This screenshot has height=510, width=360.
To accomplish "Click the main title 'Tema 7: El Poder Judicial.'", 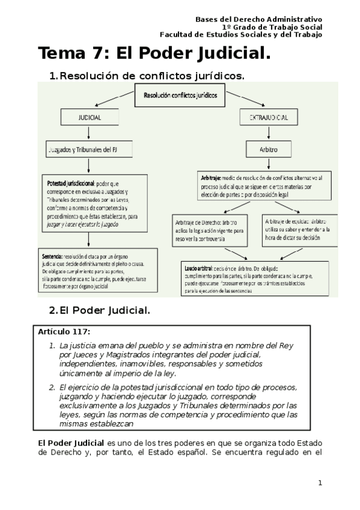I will pyautogui.click(x=154, y=54).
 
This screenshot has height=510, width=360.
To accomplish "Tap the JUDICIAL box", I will pyautogui.click(x=89, y=117).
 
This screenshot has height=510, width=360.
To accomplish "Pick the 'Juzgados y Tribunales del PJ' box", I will pyautogui.click(x=89, y=149).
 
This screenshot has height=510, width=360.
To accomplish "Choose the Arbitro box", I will pyautogui.click(x=267, y=149).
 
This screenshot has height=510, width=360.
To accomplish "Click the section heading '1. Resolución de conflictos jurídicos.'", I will pyautogui.click(x=147, y=76).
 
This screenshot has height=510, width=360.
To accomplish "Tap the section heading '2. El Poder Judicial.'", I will pyautogui.click(x=99, y=310).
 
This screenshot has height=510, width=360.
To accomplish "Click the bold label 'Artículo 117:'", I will pyautogui.click(x=64, y=332).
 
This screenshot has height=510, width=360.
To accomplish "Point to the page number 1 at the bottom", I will pyautogui.click(x=320, y=482).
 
